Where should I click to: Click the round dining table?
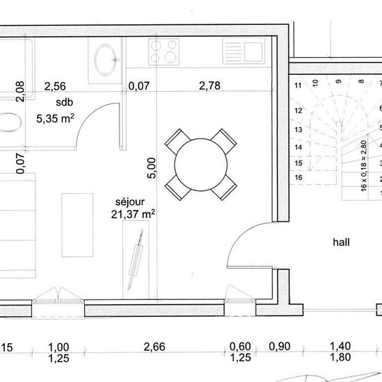coord(201,165)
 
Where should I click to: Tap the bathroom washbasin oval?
coord(106,60)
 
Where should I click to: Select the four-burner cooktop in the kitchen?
coord(164,51)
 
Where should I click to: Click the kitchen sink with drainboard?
coord(244,51)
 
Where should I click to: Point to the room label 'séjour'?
coord(130,201)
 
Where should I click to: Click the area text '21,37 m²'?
coord(133,214)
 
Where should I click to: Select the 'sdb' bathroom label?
coord(65,102)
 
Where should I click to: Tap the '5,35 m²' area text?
coord(56,118)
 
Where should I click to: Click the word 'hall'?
coord(341,242)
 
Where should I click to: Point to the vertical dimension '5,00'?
coord(151,168)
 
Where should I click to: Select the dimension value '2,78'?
coord(210,85)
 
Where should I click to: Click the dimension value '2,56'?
coord(55,86)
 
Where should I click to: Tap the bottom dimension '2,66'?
coord(154,347)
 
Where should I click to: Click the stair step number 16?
coord(299,177)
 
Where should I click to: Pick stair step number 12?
coord(298,110)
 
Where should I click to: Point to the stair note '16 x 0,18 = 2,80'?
coord(363,166)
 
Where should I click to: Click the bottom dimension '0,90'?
coord(279,346)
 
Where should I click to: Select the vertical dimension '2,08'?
coord(20,92)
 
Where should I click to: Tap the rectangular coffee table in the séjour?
coord(78,225)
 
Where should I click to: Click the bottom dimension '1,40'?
coord(340,346)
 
